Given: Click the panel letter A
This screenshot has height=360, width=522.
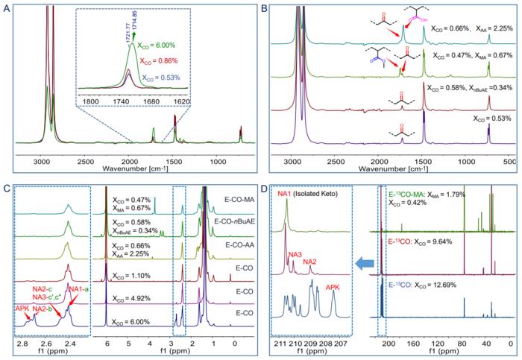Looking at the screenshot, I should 5,7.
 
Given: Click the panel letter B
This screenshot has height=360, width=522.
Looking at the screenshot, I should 265,7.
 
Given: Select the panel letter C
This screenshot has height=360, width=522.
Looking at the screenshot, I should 5,186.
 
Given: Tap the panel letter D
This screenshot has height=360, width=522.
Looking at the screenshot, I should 265,186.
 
